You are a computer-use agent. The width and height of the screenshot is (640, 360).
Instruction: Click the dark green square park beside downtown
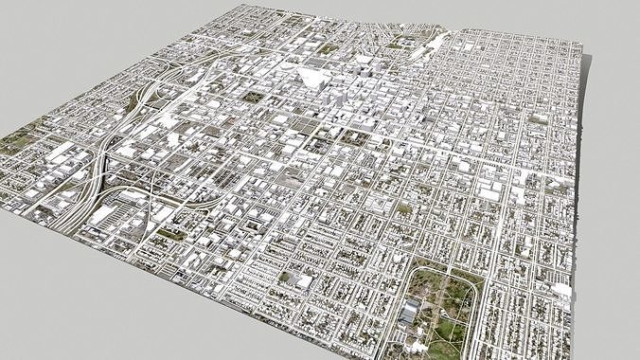point(253,95)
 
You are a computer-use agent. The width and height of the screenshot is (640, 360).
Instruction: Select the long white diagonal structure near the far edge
point(437,43)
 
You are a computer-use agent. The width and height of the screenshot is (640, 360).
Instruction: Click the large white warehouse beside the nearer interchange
point(105,214)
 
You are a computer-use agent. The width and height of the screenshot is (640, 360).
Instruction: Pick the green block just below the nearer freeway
point(170,232)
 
